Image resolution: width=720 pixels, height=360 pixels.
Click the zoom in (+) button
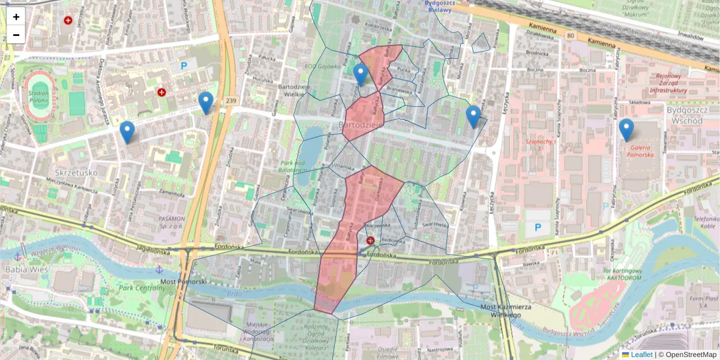(16, 17)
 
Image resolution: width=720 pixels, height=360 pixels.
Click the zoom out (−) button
(16, 35)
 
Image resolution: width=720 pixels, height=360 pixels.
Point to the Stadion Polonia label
(38, 97)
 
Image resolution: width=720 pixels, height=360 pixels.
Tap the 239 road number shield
(230, 101)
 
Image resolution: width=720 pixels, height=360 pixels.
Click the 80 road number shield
(569, 35)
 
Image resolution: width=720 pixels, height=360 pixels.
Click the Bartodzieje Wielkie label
(293, 90)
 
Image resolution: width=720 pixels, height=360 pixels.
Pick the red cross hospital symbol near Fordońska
(370, 241)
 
